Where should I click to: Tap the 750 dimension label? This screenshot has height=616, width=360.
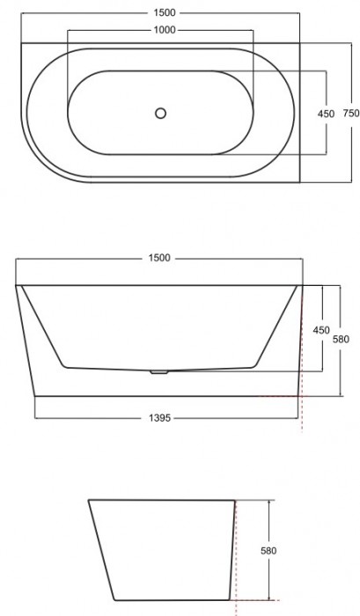[x=350, y=113]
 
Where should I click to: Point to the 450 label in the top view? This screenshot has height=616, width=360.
[x=327, y=113]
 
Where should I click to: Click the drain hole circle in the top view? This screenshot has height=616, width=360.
[x=160, y=113]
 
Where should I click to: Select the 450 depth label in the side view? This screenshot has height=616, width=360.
[x=321, y=330]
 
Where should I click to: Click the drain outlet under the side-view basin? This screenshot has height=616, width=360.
[x=159, y=371]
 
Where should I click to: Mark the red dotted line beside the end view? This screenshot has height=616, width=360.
[x=236, y=563]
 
